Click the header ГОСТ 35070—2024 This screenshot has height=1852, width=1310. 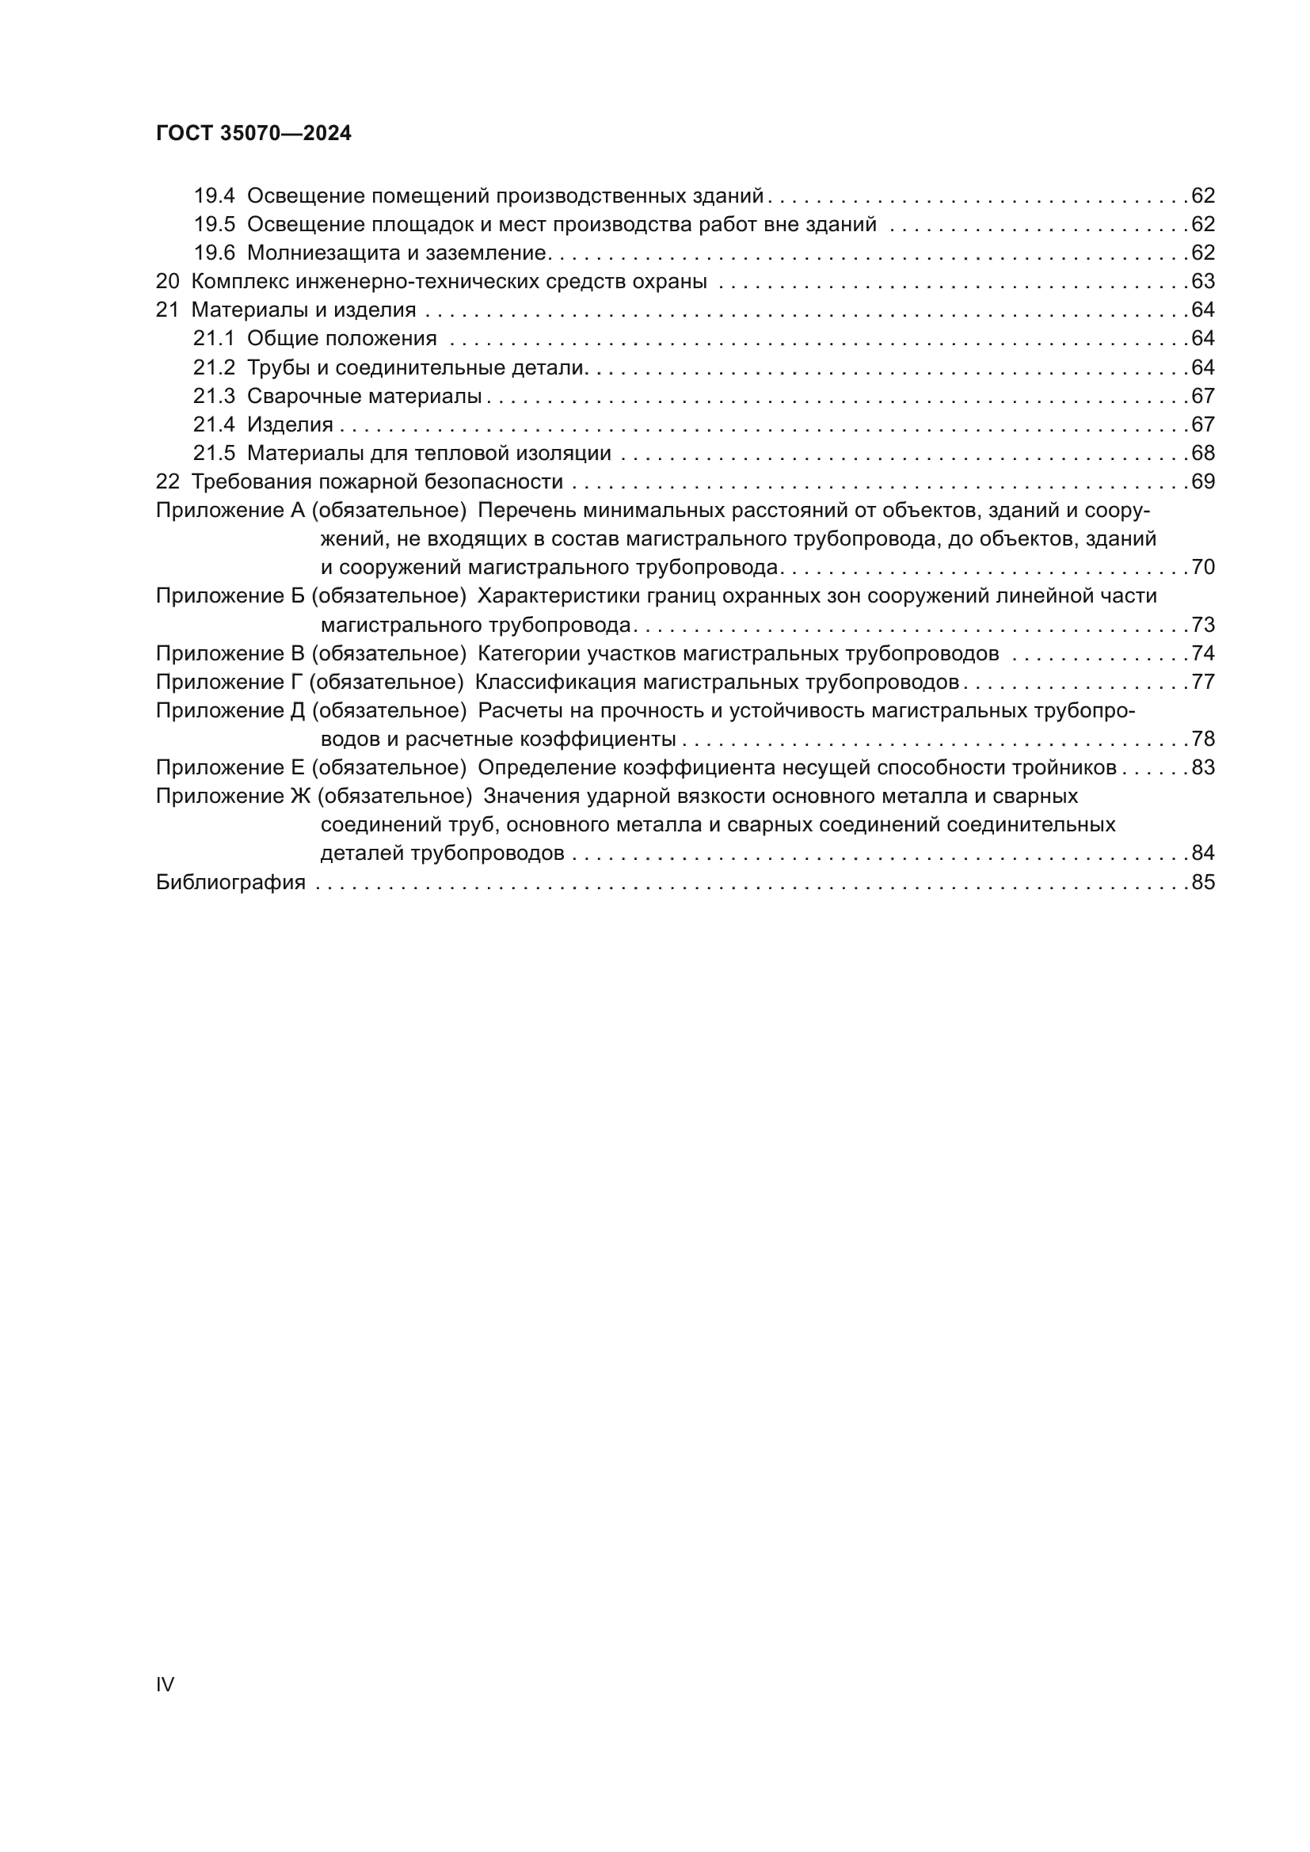point(253,134)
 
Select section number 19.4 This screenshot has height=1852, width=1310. point(214,196)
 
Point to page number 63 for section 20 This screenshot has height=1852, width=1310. point(1202,282)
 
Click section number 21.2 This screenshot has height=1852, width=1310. point(214,368)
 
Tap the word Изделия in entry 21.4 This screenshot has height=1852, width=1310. point(290,425)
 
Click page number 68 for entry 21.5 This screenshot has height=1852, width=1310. point(1202,454)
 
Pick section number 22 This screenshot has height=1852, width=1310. point(167,482)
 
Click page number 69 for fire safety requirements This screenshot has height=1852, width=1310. point(1202,482)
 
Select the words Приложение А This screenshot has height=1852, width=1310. point(230,511)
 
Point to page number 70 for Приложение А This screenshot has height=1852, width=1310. point(1202,568)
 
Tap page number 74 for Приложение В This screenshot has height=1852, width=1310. point(1202,653)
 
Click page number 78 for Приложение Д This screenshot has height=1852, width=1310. point(1202,740)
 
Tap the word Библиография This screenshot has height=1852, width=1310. point(230,882)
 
